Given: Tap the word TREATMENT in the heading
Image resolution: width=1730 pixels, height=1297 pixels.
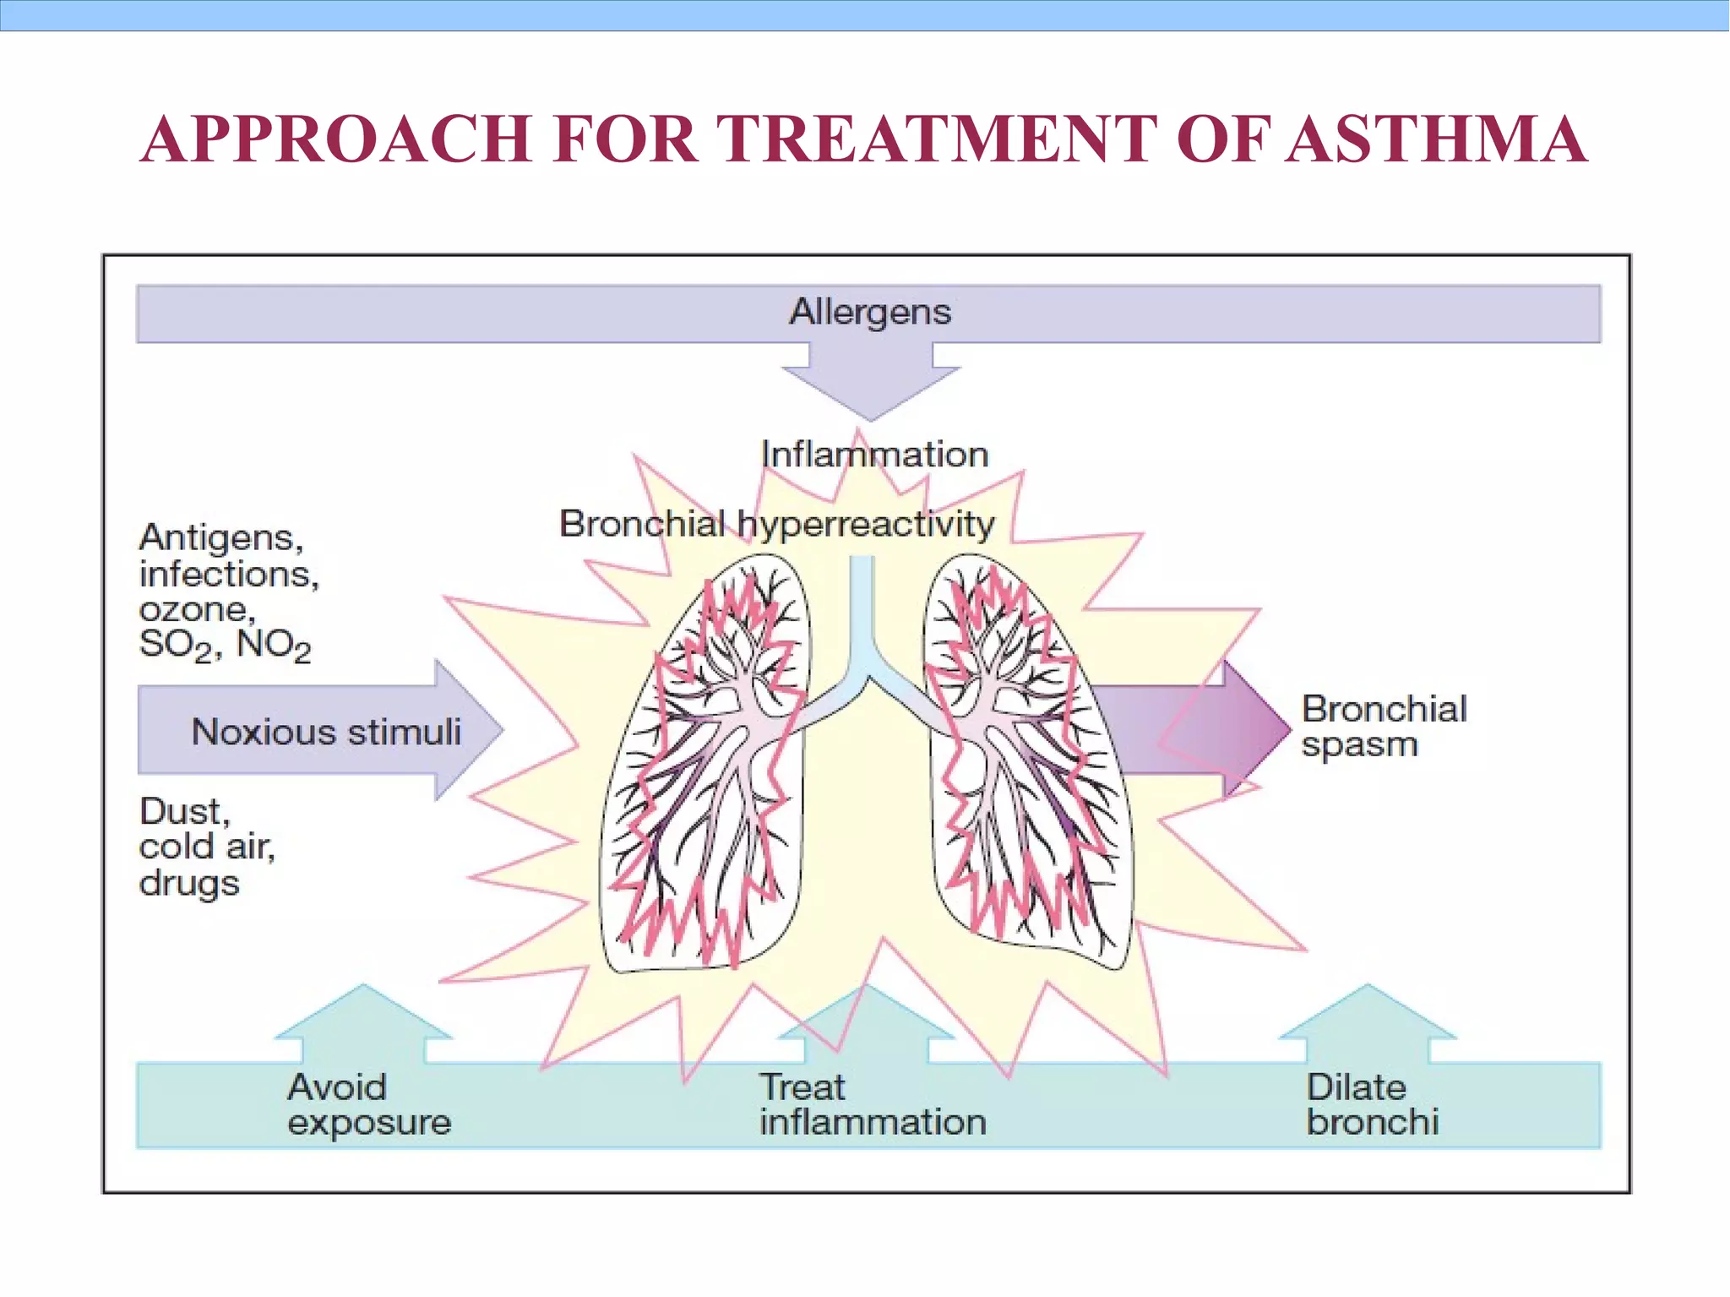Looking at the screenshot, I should [936, 139].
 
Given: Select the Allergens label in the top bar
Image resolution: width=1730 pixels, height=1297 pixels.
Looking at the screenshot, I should [869, 312].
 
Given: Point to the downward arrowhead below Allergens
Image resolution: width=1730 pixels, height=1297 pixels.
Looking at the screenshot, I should [871, 389].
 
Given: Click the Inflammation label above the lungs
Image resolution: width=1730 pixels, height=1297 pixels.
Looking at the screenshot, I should [874, 455].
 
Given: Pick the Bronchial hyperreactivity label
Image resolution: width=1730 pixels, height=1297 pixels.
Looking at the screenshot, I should [777, 524].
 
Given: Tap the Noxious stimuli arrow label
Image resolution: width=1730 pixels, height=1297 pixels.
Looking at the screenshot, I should [326, 732].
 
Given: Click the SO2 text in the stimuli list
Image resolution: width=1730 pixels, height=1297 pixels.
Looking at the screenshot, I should [176, 646].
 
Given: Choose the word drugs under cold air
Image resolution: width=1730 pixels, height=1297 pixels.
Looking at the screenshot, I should [189, 884].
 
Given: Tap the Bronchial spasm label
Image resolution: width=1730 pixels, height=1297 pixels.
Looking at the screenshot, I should [1384, 727].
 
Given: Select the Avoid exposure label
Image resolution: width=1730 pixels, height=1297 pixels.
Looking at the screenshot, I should [369, 1104].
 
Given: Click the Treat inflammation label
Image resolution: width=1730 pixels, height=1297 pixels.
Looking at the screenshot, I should [873, 1104].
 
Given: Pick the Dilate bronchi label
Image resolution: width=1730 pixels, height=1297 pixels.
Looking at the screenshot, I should [1372, 1104].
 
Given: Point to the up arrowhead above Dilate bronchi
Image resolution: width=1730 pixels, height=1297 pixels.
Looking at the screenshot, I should [1368, 1014].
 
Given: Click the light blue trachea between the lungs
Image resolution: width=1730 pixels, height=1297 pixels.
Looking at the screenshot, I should [862, 617].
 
